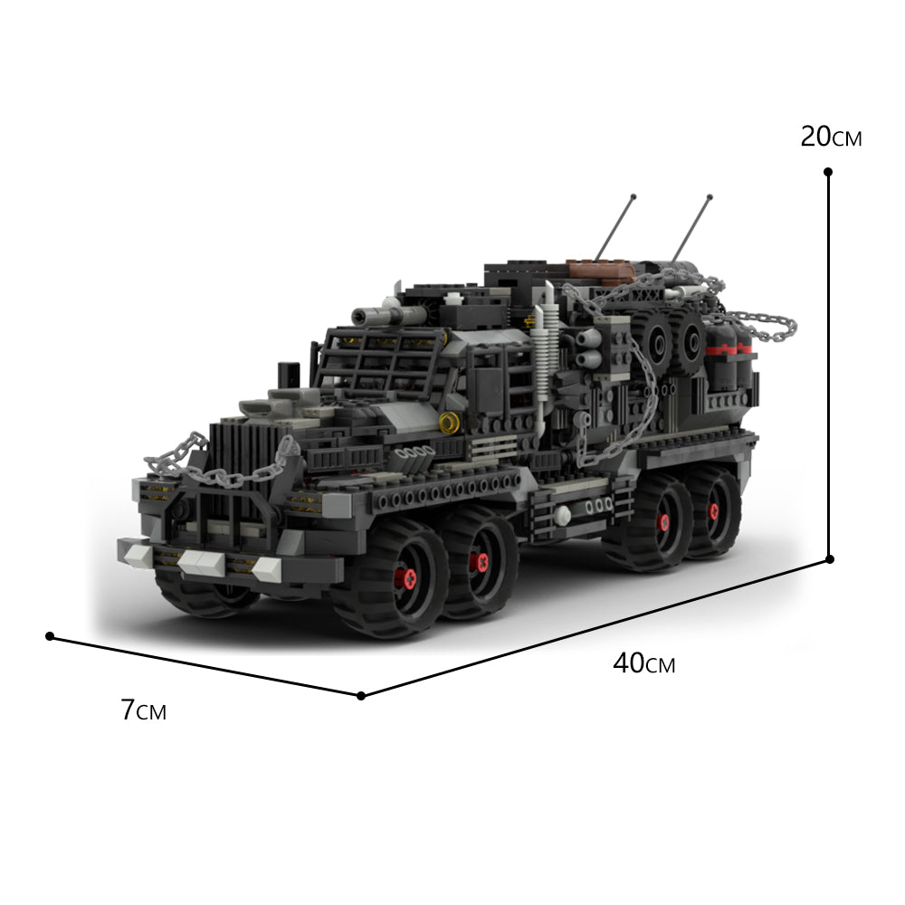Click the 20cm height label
tap(831, 138)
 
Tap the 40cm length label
tap(643, 663)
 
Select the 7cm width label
tap(143, 710)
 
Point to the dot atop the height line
tap(828, 171)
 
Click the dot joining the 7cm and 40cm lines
tap(361, 695)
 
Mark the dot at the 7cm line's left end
tap(50, 636)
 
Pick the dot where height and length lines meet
tap(828, 560)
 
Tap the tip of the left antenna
tap(633, 196)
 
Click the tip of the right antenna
tap(710, 196)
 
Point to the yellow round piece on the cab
tap(447, 422)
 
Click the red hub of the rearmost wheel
tap(714, 512)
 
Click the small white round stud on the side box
tap(563, 516)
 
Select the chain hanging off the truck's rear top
tap(760, 324)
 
